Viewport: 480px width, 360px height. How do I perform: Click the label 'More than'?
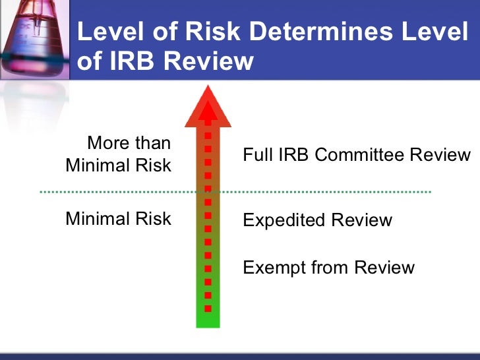pyautogui.click(x=129, y=143)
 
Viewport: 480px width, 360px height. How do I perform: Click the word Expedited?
pyautogui.click(x=284, y=220)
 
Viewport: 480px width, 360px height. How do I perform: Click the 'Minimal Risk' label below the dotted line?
pyautogui.click(x=118, y=219)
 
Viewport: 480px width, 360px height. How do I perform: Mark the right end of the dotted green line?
pyautogui.click(x=429, y=192)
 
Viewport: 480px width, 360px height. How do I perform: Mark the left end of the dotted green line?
pyautogui.click(x=42, y=192)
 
